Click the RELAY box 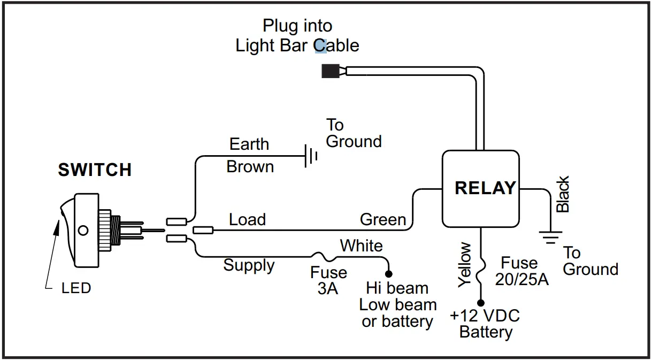pyautogui.click(x=480, y=188)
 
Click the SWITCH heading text pyautogui.click(x=95, y=170)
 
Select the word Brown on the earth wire pyautogui.click(x=250, y=167)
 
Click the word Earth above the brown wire pyautogui.click(x=249, y=144)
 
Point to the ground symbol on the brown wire pyautogui.click(x=311, y=156)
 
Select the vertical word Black pyautogui.click(x=563, y=194)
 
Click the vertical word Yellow pyautogui.click(x=465, y=265)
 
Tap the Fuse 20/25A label pyautogui.click(x=521, y=271)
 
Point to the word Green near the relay pyautogui.click(x=383, y=220)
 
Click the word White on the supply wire pyautogui.click(x=362, y=246)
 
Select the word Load pyautogui.click(x=247, y=219)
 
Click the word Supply pyautogui.click(x=249, y=265)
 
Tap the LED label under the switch pyautogui.click(x=76, y=288)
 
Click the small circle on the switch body pyautogui.click(x=82, y=231)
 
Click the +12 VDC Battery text pyautogui.click(x=485, y=323)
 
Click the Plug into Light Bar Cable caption pyautogui.click(x=297, y=35)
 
